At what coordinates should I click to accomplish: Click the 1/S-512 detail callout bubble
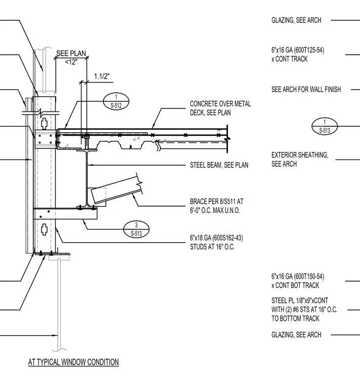pyautogui.click(x=116, y=101)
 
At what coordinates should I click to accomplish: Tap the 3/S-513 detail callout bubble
pyautogui.click(x=136, y=229)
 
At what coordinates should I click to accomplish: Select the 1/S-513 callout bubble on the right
pyautogui.click(x=325, y=126)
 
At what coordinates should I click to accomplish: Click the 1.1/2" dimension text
pyautogui.click(x=102, y=76)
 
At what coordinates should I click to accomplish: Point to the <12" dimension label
pyautogui.click(x=71, y=62)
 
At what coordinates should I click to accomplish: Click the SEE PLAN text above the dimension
pyautogui.click(x=71, y=53)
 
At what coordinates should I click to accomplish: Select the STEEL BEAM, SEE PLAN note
pyautogui.click(x=219, y=165)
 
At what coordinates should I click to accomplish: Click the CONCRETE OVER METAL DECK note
pyautogui.click(x=220, y=108)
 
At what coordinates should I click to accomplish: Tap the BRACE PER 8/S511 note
pyautogui.click(x=217, y=206)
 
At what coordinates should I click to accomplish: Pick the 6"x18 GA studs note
pyautogui.click(x=216, y=242)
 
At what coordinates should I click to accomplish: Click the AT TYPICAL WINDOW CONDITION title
pyautogui.click(x=73, y=362)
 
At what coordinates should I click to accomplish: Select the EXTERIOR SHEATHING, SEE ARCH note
pyautogui.click(x=300, y=160)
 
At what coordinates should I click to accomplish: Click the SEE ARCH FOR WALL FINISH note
pyautogui.click(x=306, y=89)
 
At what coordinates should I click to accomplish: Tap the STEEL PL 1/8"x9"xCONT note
pyautogui.click(x=304, y=310)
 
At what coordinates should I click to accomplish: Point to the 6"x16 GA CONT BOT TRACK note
pyautogui.click(x=298, y=281)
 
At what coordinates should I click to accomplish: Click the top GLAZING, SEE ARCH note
pyautogui.click(x=296, y=20)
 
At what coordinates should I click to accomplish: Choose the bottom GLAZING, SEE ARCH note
pyautogui.click(x=296, y=335)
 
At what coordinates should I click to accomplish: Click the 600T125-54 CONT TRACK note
pyautogui.click(x=298, y=55)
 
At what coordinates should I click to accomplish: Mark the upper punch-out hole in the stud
pyautogui.click(x=44, y=124)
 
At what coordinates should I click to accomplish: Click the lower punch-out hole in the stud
pyautogui.click(x=44, y=229)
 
